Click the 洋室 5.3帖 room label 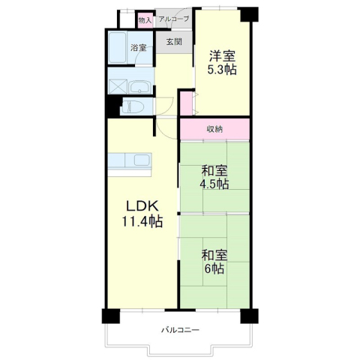point(222,63)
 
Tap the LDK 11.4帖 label point(142,214)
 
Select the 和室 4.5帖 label point(214,178)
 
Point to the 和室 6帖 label point(214,262)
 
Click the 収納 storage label point(214,129)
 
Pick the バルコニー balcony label point(180,330)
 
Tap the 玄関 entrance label point(174,42)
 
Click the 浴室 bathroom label point(138,47)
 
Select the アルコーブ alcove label point(174,19)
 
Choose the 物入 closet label point(145,20)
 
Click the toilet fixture point(133,106)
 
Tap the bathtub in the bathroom point(117,47)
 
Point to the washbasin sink point(139,88)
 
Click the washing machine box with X point(118,87)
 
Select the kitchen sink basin point(142,160)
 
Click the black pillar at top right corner point(249,14)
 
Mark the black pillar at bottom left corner point(111,316)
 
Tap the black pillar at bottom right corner point(249,316)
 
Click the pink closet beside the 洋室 point(187,103)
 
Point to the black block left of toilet point(113,106)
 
